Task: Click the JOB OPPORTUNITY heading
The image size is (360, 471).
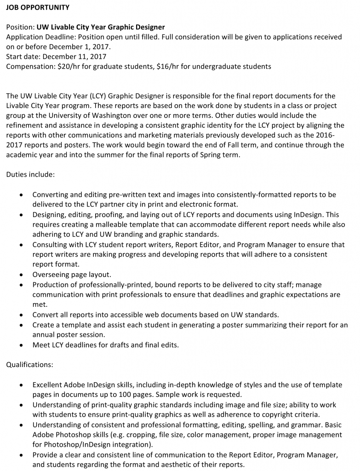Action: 38,7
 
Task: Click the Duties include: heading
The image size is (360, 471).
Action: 30,174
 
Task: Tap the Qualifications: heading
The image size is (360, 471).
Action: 29,365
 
